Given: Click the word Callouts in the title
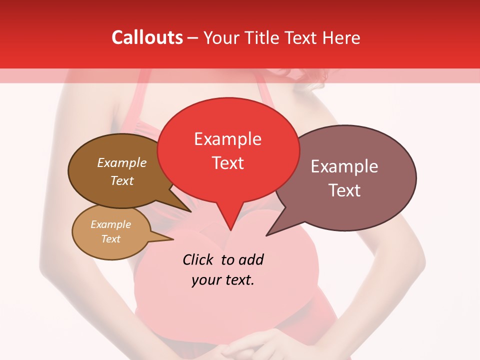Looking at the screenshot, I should (x=147, y=37).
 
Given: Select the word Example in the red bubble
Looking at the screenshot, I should (x=227, y=139).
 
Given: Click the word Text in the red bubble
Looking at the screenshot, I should (x=227, y=162).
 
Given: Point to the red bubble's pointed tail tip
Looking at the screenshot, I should (x=230, y=230).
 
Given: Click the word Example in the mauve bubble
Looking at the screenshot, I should (x=344, y=166).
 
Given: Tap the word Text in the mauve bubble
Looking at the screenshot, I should (x=344, y=190).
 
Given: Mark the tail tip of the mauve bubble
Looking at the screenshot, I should (x=266, y=235).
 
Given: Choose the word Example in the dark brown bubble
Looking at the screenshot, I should (x=121, y=162).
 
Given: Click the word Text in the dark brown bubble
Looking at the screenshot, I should (x=121, y=180).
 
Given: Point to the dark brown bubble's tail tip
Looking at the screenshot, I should (x=191, y=211).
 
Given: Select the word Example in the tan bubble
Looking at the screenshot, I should (x=110, y=224).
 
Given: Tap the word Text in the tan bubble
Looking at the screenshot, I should (x=110, y=239).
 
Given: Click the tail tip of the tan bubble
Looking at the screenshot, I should (x=173, y=239).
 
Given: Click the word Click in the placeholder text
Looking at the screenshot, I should (x=199, y=259).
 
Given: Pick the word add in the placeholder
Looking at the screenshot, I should (x=250, y=259).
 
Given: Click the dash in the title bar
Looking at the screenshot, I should (x=193, y=38).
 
